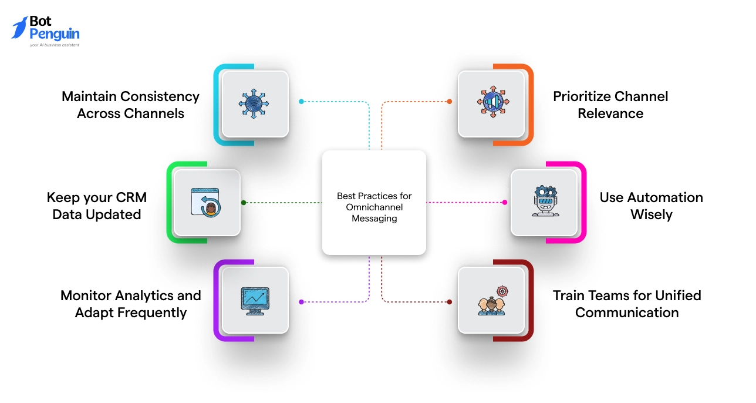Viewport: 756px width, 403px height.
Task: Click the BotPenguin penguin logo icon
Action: [x=19, y=28]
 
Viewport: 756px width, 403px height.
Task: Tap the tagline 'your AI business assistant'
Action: [x=54, y=45]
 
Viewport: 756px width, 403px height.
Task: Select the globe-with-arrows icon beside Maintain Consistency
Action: [x=254, y=104]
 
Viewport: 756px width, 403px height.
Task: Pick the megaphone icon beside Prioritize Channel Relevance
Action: [x=491, y=104]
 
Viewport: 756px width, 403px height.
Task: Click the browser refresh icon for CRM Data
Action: [x=206, y=202]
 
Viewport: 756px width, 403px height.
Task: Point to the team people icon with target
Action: [x=491, y=301]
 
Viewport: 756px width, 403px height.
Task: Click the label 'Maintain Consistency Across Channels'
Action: [x=130, y=105]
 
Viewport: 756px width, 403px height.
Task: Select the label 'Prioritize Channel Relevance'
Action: [x=610, y=105]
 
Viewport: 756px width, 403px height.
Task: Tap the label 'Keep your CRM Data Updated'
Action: [x=97, y=206]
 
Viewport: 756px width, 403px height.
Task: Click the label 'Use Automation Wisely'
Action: [x=651, y=206]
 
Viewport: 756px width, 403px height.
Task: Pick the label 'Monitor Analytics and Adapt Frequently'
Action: [x=130, y=304]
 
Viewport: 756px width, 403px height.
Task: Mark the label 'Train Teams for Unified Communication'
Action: [x=627, y=304]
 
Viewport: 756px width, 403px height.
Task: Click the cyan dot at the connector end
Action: [x=301, y=102]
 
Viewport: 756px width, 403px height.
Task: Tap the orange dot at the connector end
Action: [x=450, y=102]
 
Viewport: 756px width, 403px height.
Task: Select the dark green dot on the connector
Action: [x=244, y=203]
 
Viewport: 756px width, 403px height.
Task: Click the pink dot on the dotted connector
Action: [x=504, y=203]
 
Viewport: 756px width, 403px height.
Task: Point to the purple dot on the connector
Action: [x=301, y=302]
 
